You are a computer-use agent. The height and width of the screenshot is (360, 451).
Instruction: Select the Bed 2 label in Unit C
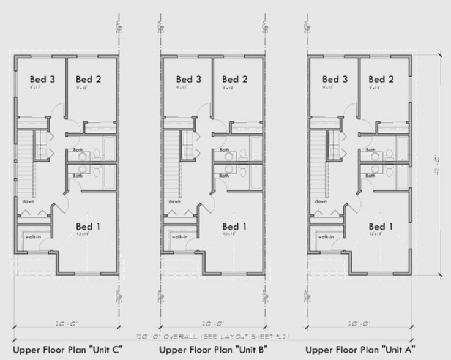tap(88, 79)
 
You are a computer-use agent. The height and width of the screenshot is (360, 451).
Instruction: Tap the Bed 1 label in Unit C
tap(88, 227)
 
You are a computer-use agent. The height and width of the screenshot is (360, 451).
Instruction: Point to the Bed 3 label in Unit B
tap(188, 79)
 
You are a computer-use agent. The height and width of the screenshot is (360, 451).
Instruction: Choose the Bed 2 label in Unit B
tap(234, 79)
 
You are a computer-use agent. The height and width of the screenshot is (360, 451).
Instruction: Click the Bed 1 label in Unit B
tap(234, 227)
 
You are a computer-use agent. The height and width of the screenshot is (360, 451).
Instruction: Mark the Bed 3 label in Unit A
tap(335, 79)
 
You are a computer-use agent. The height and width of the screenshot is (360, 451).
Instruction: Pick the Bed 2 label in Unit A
tap(381, 79)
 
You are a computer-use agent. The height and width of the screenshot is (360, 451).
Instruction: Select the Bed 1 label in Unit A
tap(381, 227)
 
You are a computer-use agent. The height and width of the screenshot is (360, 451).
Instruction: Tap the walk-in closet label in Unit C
tap(33, 237)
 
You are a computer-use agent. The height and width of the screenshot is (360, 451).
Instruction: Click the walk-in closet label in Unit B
tap(179, 237)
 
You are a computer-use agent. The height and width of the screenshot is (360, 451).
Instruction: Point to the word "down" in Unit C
tap(28, 201)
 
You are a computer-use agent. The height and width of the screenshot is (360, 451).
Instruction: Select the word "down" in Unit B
tap(174, 201)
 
